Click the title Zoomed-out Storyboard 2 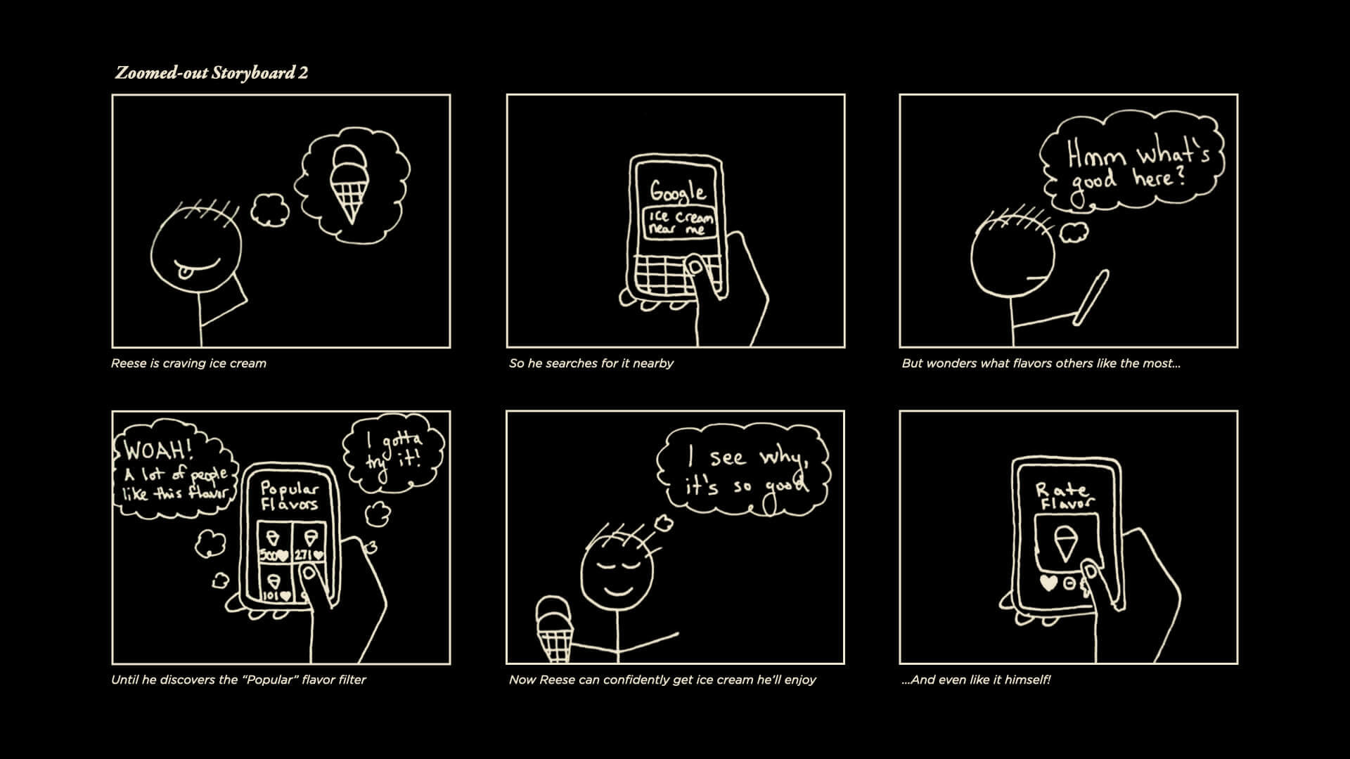pyautogui.click(x=211, y=72)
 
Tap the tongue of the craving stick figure pyautogui.click(x=185, y=272)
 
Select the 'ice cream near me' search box pyautogui.click(x=679, y=223)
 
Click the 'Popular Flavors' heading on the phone pyautogui.click(x=290, y=495)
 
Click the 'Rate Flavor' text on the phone pyautogui.click(x=1065, y=495)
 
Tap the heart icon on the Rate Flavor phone pyautogui.click(x=1048, y=583)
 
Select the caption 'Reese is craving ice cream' pyautogui.click(x=188, y=363)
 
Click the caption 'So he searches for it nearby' pyautogui.click(x=591, y=363)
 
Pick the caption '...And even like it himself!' pyautogui.click(x=976, y=680)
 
